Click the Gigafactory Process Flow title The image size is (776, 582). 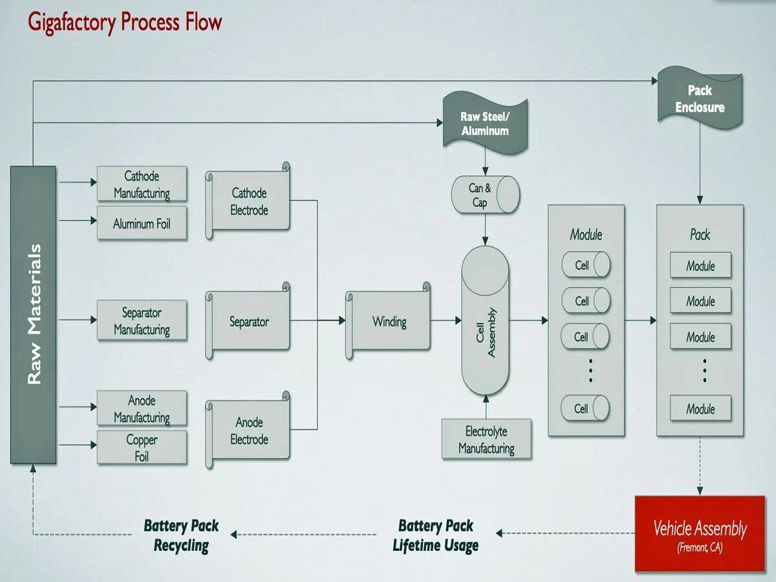coord(125,23)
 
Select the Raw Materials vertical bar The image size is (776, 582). coord(33,314)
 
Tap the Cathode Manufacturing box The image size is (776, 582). coord(142,184)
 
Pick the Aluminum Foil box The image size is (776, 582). coord(142,224)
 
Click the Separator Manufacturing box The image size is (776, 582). coord(142,321)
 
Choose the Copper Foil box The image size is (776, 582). coord(142,447)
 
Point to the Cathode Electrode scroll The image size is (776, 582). coord(249,201)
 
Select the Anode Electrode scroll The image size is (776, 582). coord(249,431)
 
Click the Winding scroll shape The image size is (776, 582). coord(389,321)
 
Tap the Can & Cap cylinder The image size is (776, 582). coord(486,195)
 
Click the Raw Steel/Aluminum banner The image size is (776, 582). coord(484,124)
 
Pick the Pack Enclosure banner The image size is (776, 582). coord(700,99)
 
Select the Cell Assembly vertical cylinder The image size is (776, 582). coord(485,321)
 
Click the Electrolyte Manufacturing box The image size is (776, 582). coord(486,440)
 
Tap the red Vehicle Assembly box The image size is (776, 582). coord(700,533)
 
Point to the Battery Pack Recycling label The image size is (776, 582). coord(181,535)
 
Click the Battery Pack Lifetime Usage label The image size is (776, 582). coord(436,535)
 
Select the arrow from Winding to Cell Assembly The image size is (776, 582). coord(446,321)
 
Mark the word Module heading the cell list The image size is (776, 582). coord(586,234)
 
